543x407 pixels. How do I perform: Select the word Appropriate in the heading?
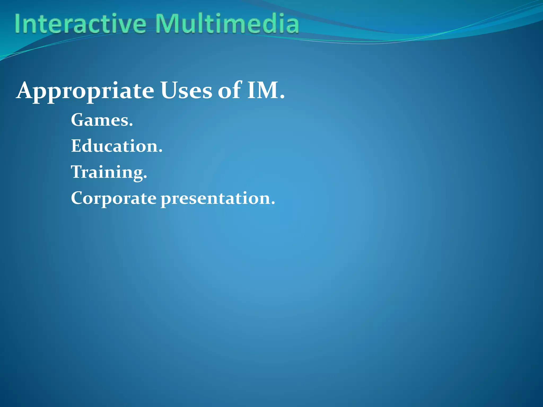pos(85,91)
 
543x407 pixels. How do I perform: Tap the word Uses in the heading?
pos(186,90)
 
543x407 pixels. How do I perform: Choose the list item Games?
pos(102,120)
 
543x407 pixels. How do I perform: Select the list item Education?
pos(117,146)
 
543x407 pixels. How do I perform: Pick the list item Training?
pos(109,172)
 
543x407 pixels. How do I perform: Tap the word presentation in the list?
pos(215,199)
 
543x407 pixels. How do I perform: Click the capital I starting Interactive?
pos(18,24)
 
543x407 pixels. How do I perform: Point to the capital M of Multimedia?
pos(166,24)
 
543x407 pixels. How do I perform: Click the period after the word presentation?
pos(273,203)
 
